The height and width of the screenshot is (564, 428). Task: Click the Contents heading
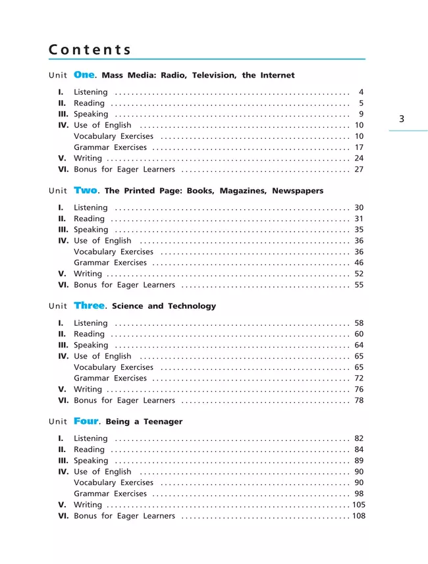pos(90,50)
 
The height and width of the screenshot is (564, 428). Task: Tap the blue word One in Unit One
pos(84,75)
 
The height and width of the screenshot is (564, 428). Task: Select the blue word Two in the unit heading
pos(86,190)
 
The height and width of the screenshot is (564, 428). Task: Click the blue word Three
pos(90,305)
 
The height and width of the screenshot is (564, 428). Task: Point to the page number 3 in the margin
pos(402,119)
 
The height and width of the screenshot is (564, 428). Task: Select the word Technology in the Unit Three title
pos(192,306)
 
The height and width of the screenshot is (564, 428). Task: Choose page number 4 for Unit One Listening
pos(361,92)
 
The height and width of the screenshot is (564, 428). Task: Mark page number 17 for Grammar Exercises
pos(359,147)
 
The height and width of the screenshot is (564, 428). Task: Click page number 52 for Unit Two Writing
pos(359,274)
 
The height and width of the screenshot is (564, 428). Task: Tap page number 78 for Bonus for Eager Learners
pos(359,400)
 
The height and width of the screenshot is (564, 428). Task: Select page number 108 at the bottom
pos(358,516)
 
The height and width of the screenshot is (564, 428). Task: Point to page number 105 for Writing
pos(358,505)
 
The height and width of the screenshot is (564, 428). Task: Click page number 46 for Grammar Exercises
pos(359,263)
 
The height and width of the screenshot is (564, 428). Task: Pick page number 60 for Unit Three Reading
pos(359,334)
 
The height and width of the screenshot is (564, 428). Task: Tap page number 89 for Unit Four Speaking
pos(359,461)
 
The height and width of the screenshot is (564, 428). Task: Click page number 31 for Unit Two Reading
pos(359,218)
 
